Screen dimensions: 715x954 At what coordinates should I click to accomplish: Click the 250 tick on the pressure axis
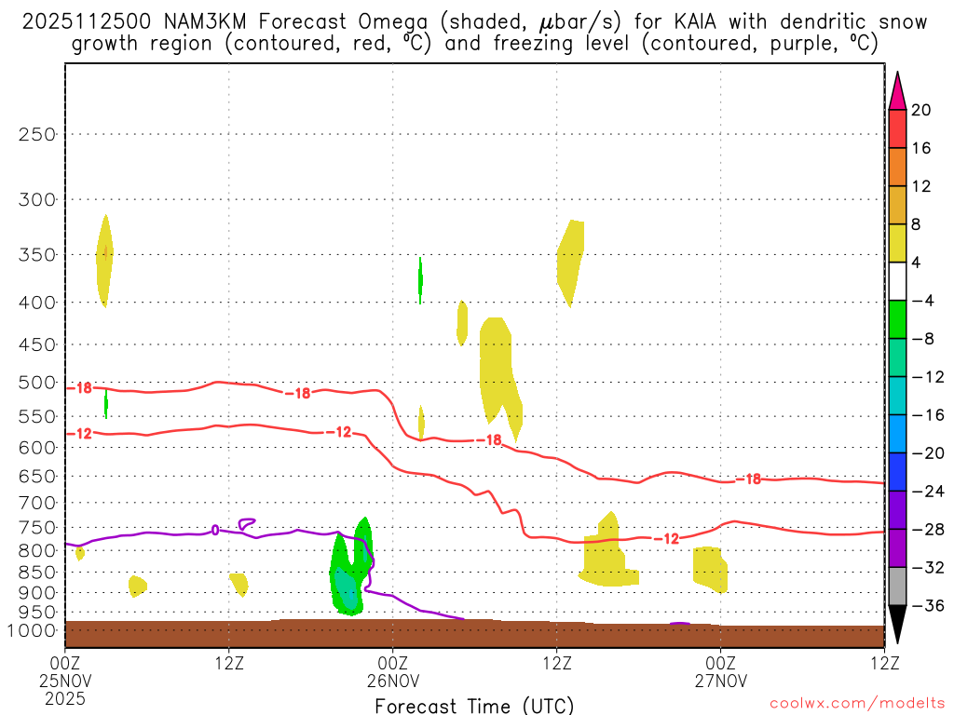(x=38, y=134)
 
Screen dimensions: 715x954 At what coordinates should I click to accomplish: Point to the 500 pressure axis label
(x=38, y=382)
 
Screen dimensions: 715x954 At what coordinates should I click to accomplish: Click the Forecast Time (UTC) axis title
(x=474, y=705)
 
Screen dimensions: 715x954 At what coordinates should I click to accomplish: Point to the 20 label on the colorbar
(x=921, y=110)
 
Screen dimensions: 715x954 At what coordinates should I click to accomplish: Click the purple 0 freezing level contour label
(x=215, y=530)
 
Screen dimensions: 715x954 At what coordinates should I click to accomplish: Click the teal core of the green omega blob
(x=348, y=589)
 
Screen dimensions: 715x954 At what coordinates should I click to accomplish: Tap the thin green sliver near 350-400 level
(x=420, y=278)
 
